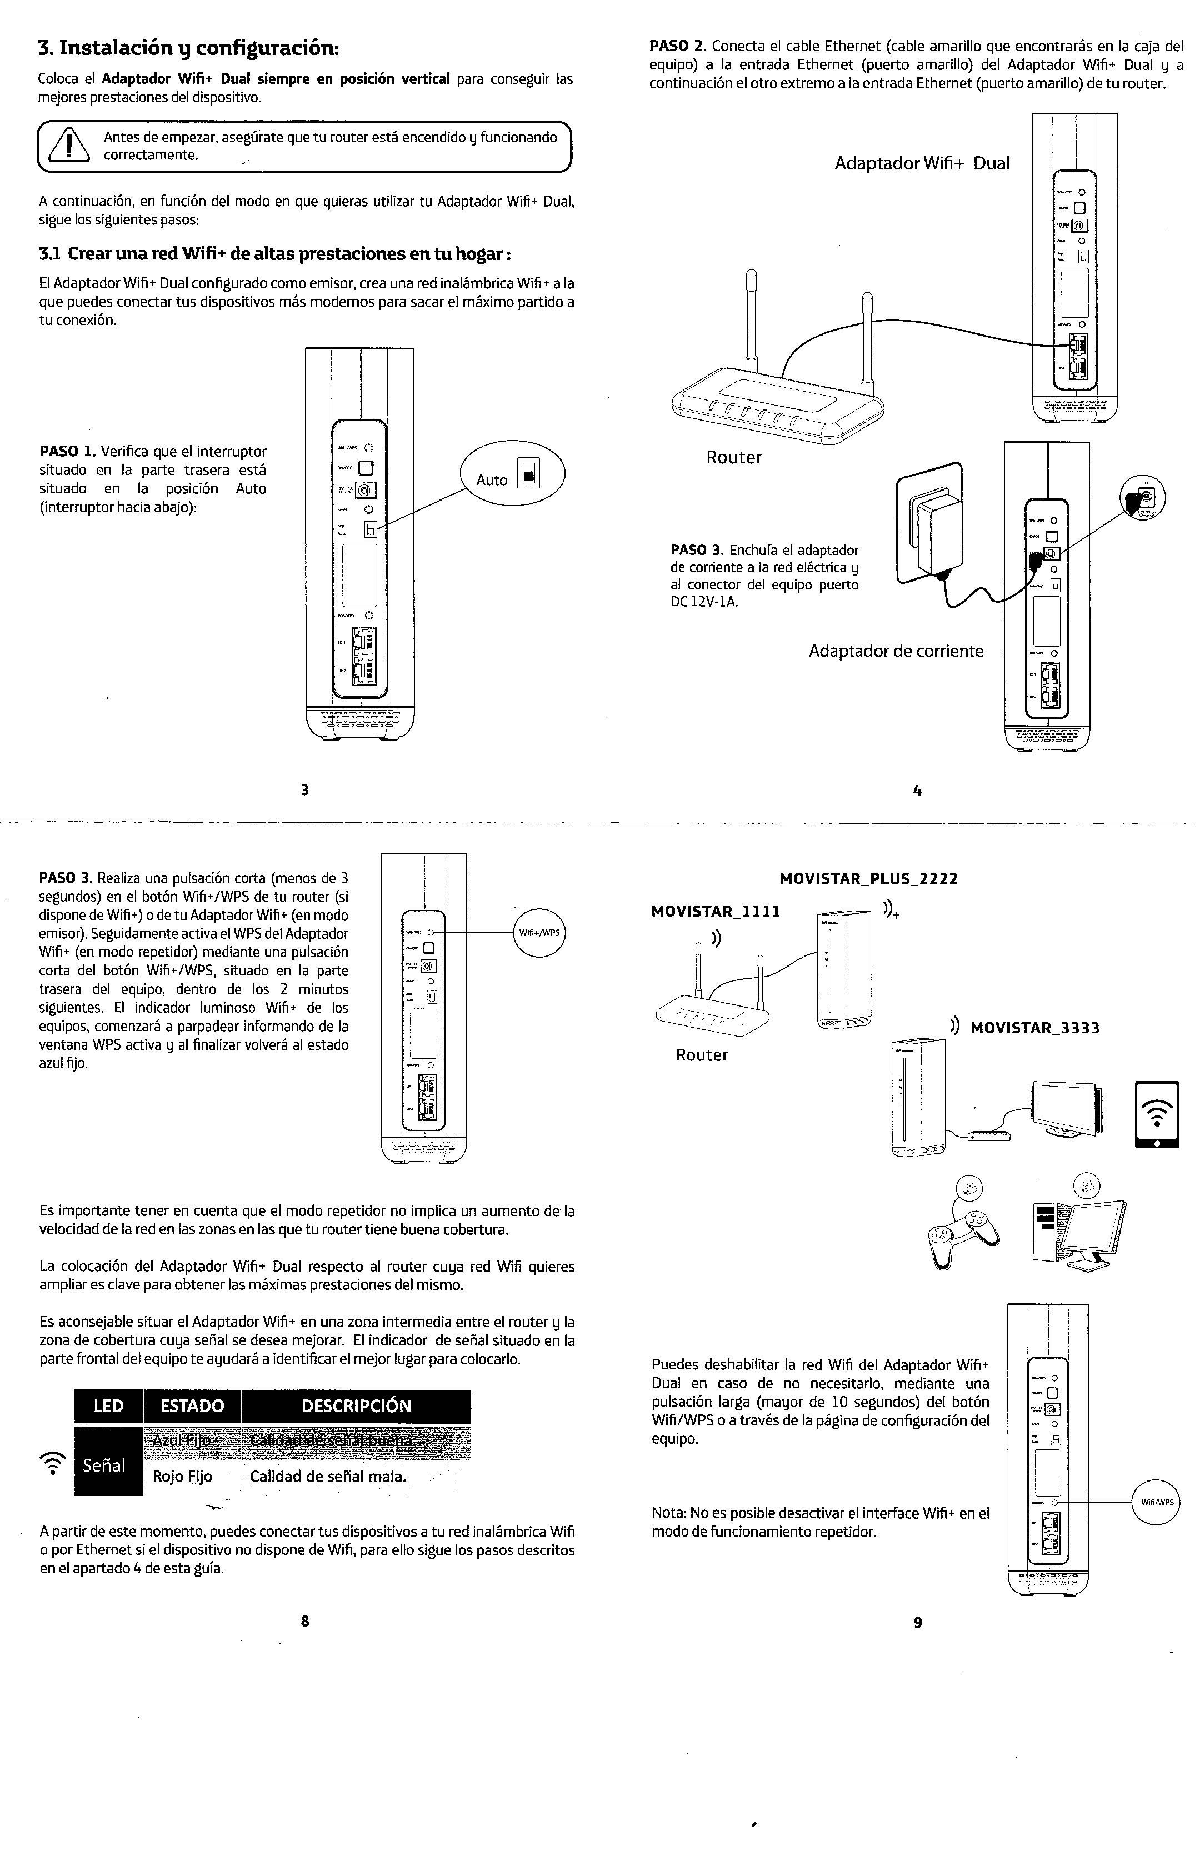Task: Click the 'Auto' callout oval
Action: [x=512, y=474]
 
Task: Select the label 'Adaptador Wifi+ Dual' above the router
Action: [x=922, y=163]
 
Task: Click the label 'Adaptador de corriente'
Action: [x=896, y=651]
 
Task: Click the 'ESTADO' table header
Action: [x=192, y=1406]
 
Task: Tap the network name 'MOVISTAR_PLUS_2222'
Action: [x=869, y=879]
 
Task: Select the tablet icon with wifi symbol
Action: [x=1157, y=1114]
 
